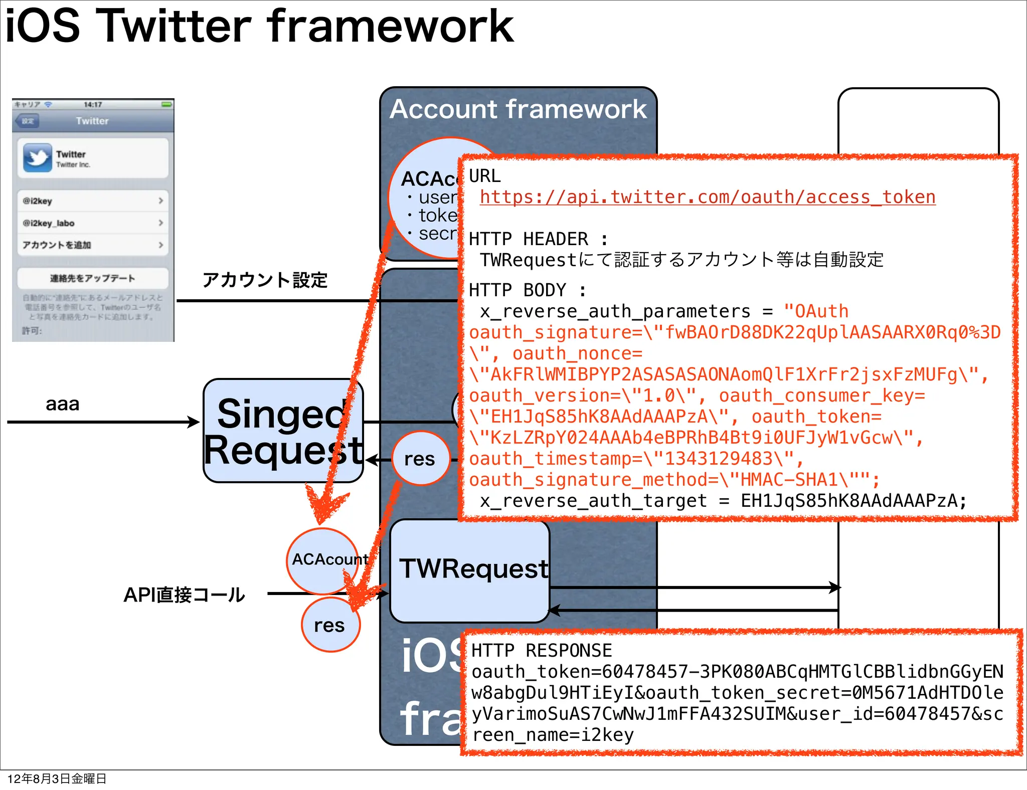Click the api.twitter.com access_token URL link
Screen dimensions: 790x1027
pyautogui.click(x=707, y=197)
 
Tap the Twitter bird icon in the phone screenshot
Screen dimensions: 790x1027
pyautogui.click(x=37, y=157)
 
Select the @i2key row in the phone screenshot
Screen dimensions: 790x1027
pyautogui.click(x=93, y=201)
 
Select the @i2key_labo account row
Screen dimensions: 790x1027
pyautogui.click(x=93, y=223)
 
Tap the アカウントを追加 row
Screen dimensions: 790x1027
pyautogui.click(x=93, y=245)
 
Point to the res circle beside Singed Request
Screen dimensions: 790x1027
pyautogui.click(x=420, y=458)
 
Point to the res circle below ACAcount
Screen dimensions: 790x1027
pyautogui.click(x=329, y=626)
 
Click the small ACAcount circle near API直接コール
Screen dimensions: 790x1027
pyautogui.click(x=322, y=559)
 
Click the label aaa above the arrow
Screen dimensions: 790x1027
pyautogui.click(x=62, y=404)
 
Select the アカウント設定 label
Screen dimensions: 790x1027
pyautogui.click(x=264, y=280)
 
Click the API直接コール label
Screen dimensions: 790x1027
pyautogui.click(x=184, y=595)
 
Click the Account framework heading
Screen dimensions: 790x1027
pyautogui.click(x=518, y=109)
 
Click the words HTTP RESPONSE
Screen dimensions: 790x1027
pyautogui.click(x=542, y=651)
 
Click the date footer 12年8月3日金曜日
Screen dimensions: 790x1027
pyautogui.click(x=57, y=778)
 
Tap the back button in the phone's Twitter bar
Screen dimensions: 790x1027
pyautogui.click(x=27, y=121)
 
